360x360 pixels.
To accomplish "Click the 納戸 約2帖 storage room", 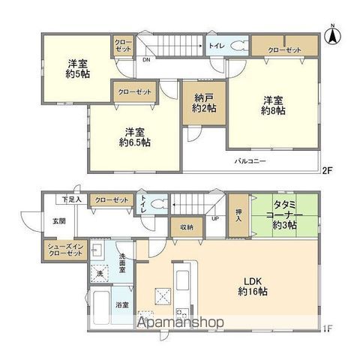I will tap(202, 104).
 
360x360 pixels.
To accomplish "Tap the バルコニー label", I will tap(248, 161).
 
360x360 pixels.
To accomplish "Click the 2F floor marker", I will tap(328, 171).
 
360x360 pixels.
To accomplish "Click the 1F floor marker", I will tap(328, 328).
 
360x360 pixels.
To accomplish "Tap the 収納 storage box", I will tap(186, 227).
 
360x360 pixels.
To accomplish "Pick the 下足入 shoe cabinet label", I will tap(72, 200).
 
